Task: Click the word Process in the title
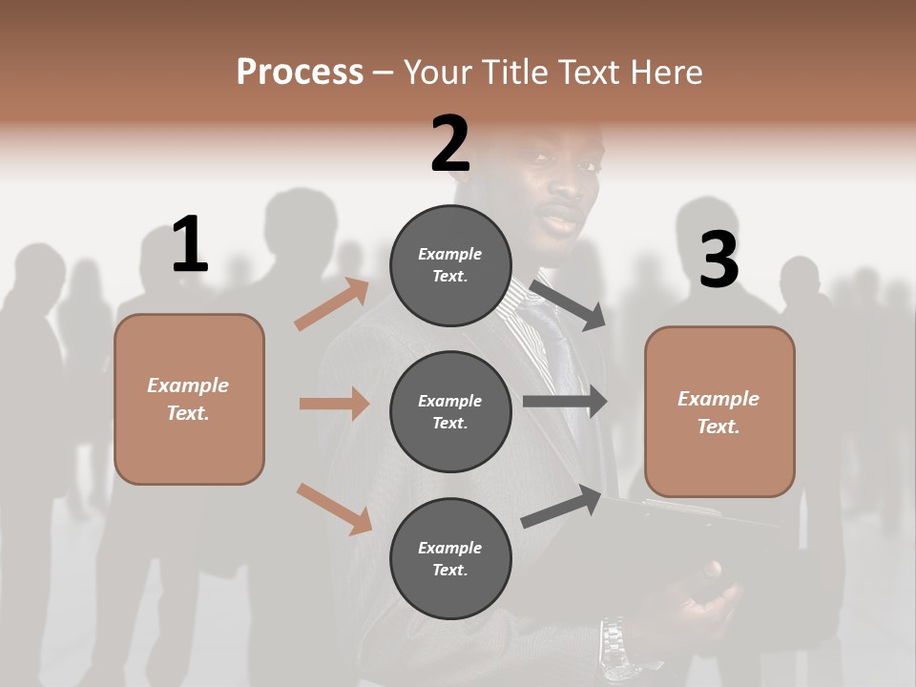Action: click(x=300, y=73)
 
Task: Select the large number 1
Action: click(x=190, y=245)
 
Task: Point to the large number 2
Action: click(x=450, y=144)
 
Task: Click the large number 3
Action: click(x=718, y=260)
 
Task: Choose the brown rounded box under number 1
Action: click(x=189, y=399)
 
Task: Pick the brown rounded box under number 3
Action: click(x=719, y=412)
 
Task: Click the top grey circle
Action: click(x=450, y=265)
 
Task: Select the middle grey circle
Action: click(x=450, y=411)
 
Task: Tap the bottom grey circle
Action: click(x=450, y=558)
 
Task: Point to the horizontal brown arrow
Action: click(x=334, y=404)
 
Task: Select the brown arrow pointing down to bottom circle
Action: click(x=334, y=508)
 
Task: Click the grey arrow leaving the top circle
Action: click(x=569, y=305)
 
